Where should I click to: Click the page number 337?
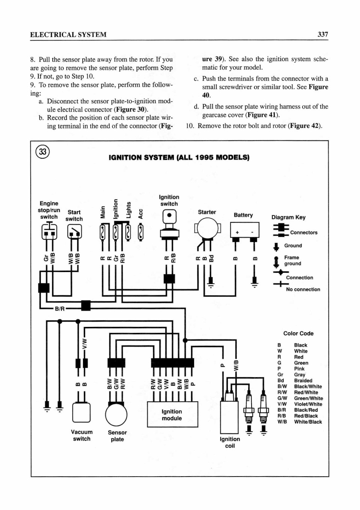[x=323, y=35]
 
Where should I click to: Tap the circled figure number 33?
[x=43, y=152]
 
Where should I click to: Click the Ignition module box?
[x=172, y=414]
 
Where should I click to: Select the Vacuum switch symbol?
[x=81, y=412]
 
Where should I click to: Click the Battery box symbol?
[x=244, y=230]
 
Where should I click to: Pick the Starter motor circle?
[x=208, y=229]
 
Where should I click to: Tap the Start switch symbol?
[x=74, y=231]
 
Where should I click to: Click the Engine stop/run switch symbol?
[x=49, y=231]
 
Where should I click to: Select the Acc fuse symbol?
[x=141, y=233]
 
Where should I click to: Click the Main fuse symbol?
[x=103, y=233]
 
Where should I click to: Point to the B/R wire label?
[x=60, y=309]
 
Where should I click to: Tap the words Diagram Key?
[x=288, y=217]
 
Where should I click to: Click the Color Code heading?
[x=298, y=333]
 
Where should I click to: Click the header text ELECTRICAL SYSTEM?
[x=68, y=35]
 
